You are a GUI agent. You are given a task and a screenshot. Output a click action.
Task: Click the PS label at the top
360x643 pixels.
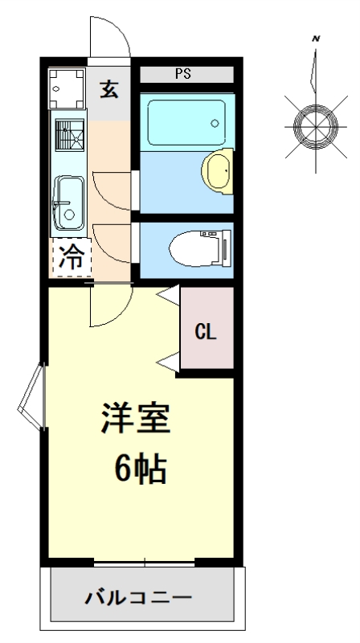(183, 74)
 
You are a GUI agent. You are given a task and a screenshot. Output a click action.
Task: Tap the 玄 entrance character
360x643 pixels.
(109, 89)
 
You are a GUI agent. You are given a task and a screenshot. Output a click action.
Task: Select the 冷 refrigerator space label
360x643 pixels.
(72, 258)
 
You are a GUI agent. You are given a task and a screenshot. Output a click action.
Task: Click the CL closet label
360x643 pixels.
(206, 332)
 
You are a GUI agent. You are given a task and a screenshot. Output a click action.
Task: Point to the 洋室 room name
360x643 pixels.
(135, 418)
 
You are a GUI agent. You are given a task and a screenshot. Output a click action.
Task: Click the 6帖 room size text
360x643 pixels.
(141, 469)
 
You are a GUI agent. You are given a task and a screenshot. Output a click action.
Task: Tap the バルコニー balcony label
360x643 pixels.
(138, 598)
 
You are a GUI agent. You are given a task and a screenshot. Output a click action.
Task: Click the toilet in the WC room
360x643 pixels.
(200, 248)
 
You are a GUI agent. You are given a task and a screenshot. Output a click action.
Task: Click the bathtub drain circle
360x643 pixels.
(215, 123)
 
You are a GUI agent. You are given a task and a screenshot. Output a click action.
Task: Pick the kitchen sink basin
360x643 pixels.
(69, 203)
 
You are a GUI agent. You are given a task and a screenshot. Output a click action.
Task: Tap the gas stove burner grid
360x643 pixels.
(70, 135)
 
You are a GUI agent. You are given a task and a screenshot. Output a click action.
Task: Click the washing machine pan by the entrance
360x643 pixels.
(67, 88)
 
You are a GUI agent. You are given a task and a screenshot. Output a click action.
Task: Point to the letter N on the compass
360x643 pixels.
(316, 39)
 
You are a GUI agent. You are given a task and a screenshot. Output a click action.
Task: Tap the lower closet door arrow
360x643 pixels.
(168, 362)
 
